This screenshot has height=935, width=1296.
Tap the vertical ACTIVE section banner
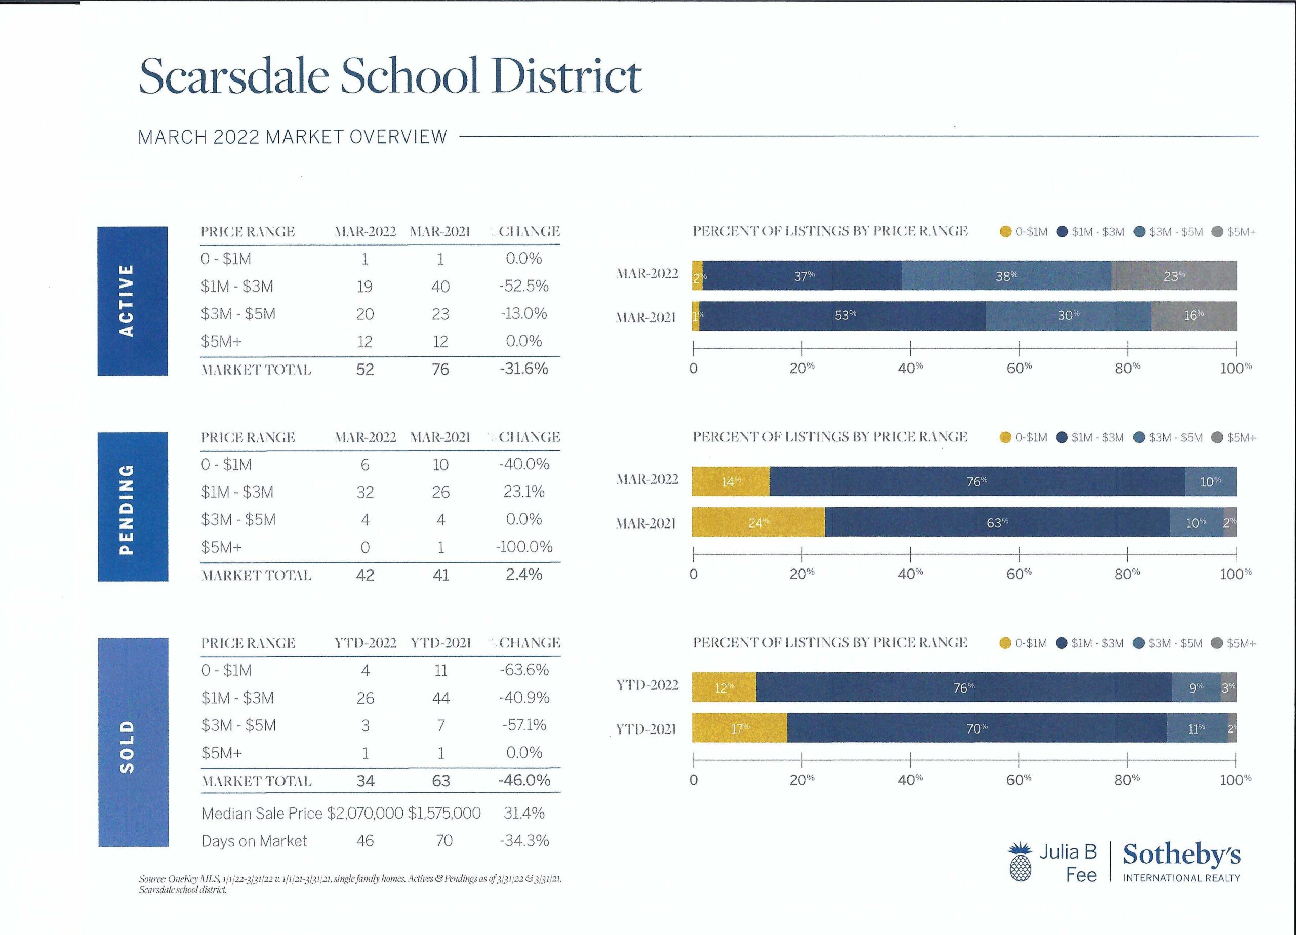click(x=133, y=301)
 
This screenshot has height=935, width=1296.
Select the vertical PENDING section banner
click(x=133, y=507)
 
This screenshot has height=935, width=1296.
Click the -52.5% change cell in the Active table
click(x=523, y=286)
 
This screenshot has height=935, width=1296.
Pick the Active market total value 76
click(x=440, y=369)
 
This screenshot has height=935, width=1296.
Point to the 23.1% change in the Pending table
click(x=523, y=492)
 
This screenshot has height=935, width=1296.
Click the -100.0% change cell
click(x=523, y=547)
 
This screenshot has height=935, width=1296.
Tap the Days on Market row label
click(x=254, y=841)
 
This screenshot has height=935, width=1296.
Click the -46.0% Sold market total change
click(x=524, y=780)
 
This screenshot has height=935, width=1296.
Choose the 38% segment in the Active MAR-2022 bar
click(x=1006, y=275)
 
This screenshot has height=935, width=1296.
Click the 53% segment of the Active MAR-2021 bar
click(x=842, y=316)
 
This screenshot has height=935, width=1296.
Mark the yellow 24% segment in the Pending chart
click(x=758, y=522)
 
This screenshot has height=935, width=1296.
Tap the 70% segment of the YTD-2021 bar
click(x=977, y=728)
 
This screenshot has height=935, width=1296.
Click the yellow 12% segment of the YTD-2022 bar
click(x=724, y=687)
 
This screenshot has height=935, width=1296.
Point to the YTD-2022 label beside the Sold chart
click(x=647, y=685)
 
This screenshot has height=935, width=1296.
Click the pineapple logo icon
click(x=1021, y=862)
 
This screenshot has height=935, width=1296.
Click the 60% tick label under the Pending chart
click(x=1019, y=574)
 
